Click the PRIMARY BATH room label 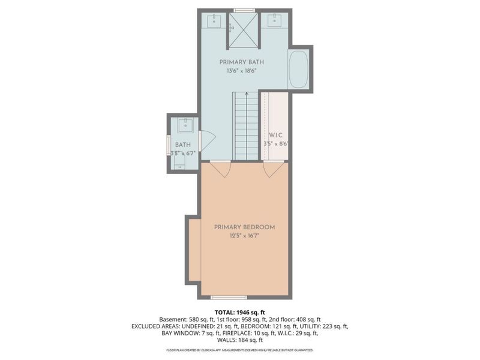(x=241, y=62)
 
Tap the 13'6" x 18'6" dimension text (x=241, y=71)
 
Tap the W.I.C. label (x=275, y=135)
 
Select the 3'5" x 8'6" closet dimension (x=275, y=144)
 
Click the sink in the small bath (x=184, y=126)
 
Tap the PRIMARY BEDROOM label (x=245, y=227)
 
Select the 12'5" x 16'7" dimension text (x=245, y=236)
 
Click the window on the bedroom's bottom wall (x=229, y=297)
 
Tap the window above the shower (x=244, y=10)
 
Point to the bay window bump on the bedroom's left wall (x=193, y=250)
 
